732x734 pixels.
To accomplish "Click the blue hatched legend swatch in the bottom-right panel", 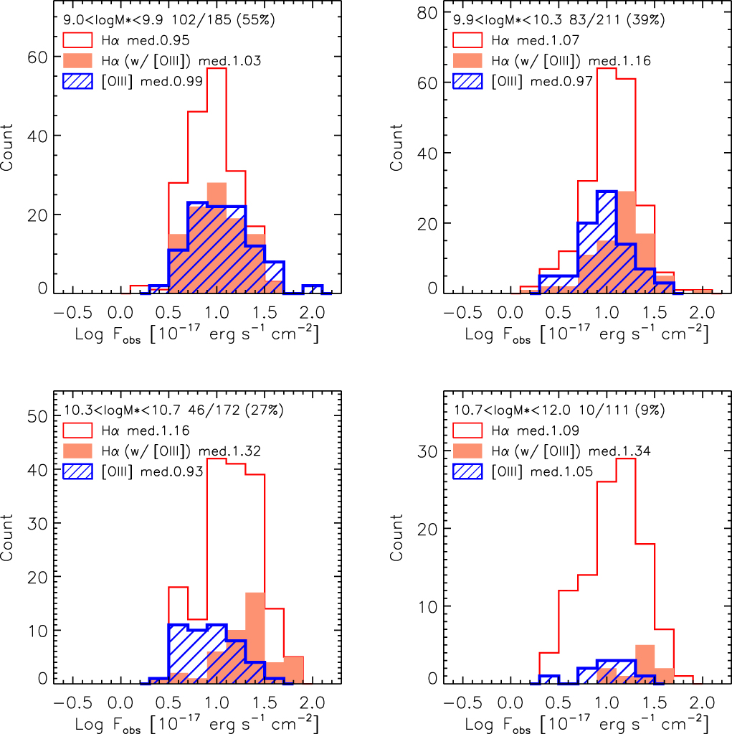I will tap(467, 471).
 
